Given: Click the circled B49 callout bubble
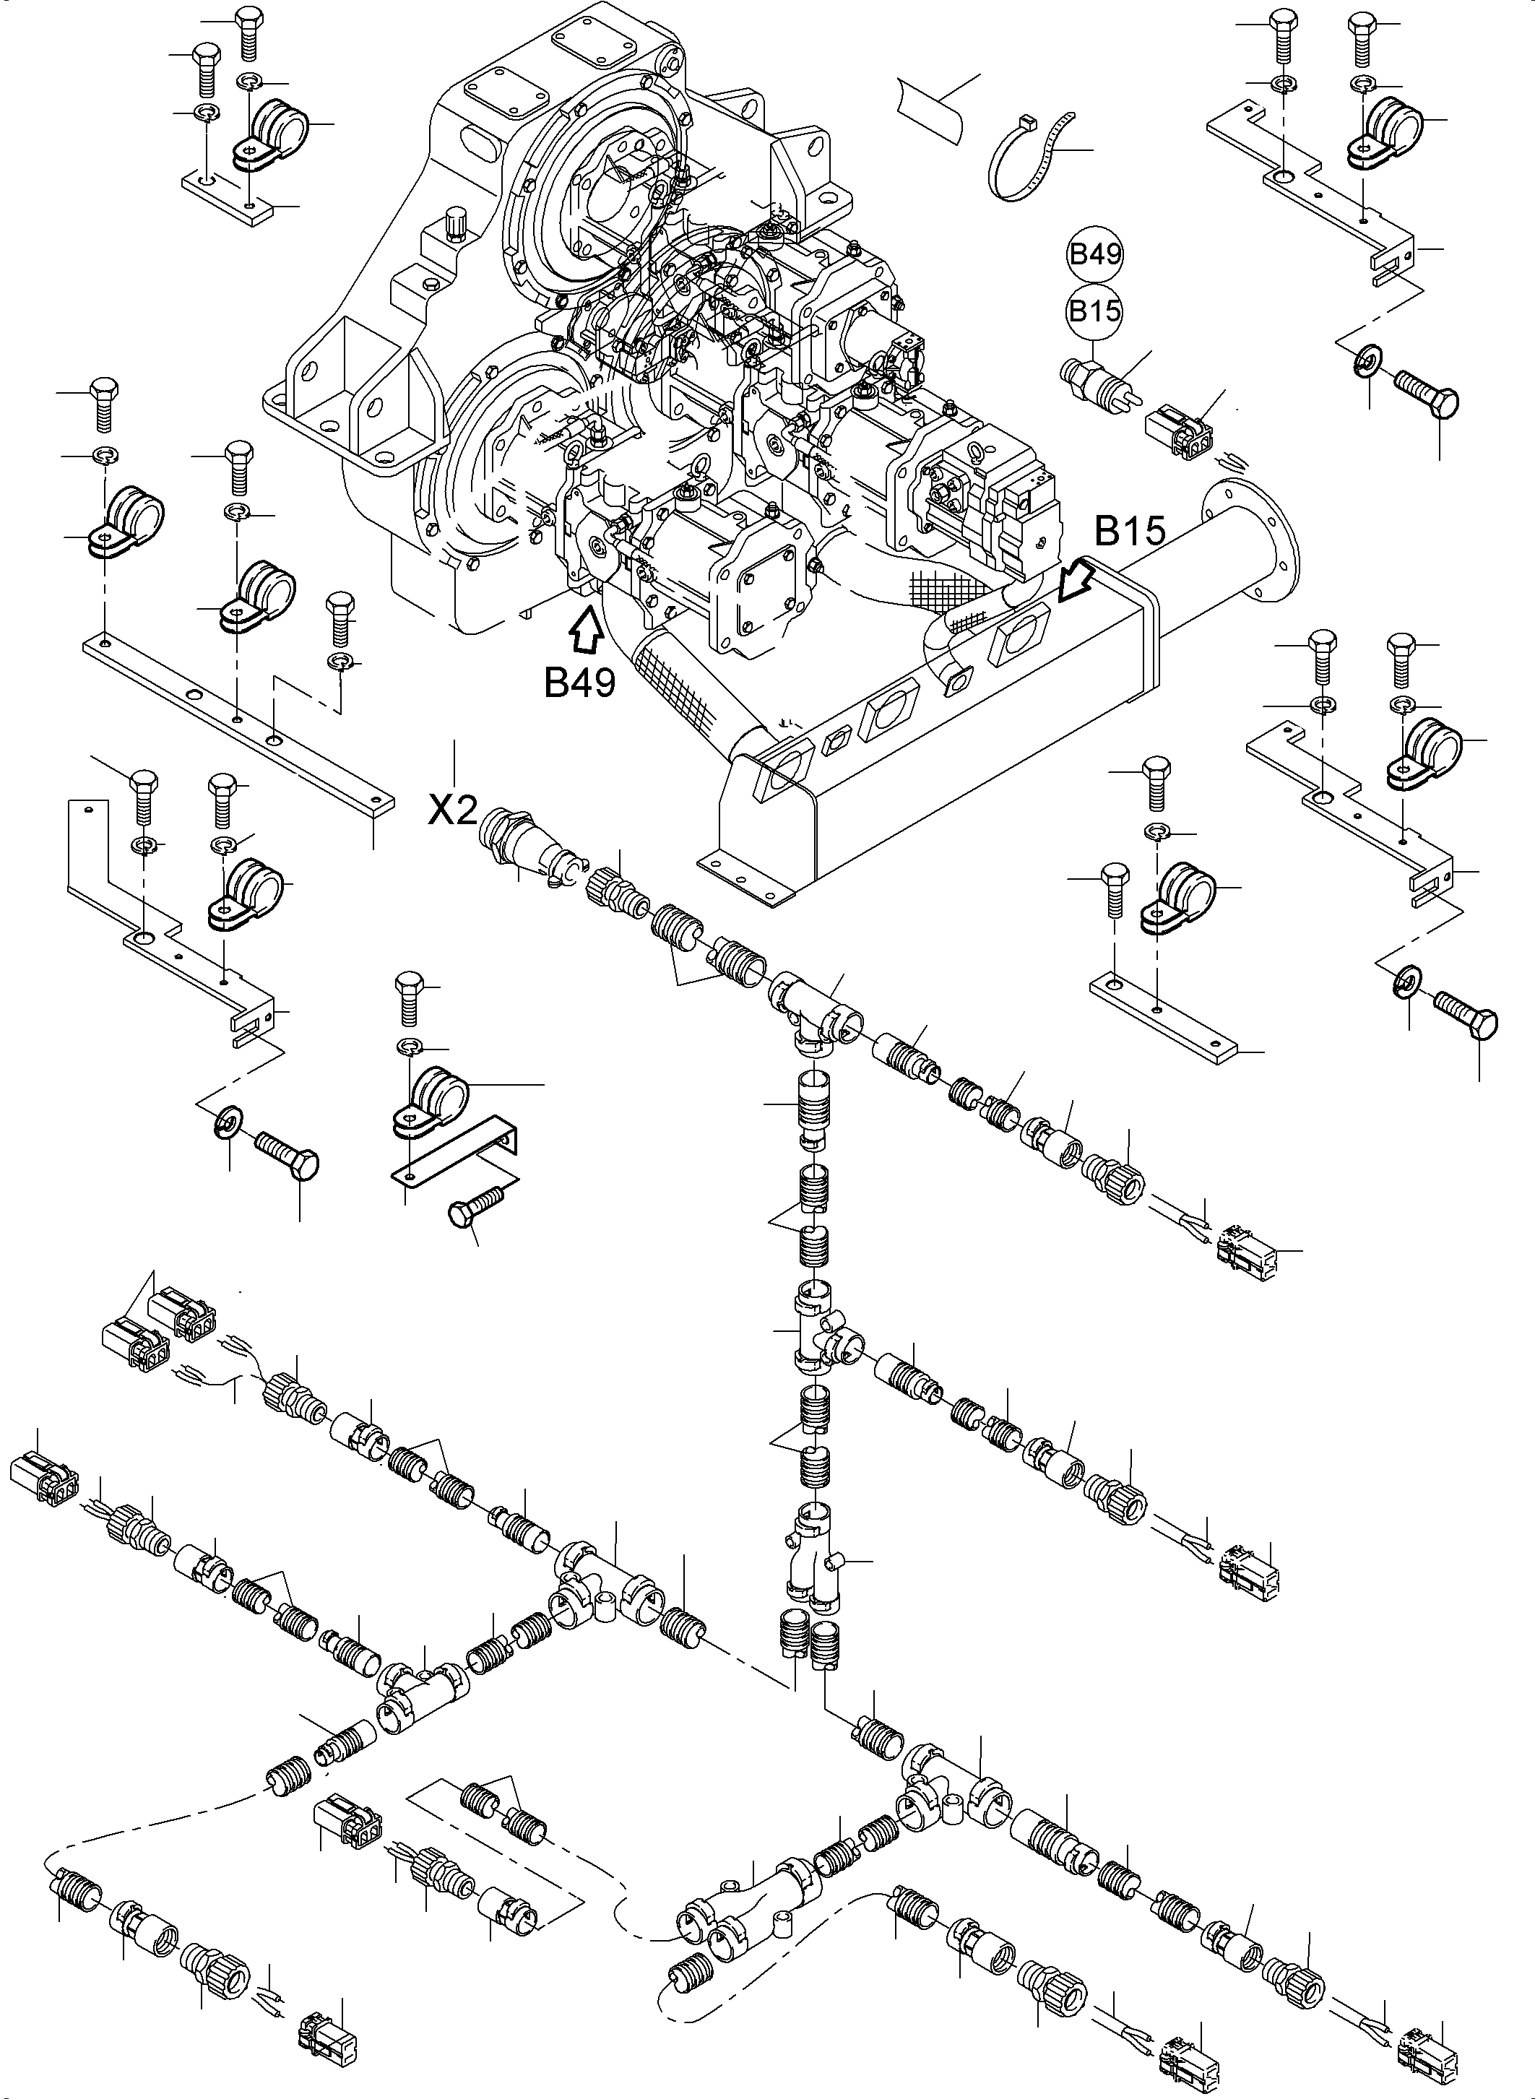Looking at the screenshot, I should [1096, 254].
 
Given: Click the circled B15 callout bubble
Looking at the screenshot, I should [1096, 311].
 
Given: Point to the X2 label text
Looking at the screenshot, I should [451, 812].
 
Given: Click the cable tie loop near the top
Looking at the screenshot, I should [1028, 157].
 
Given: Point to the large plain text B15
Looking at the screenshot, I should [1130, 532].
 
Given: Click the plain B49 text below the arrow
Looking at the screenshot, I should [580, 683].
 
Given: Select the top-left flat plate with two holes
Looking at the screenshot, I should [228, 196].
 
